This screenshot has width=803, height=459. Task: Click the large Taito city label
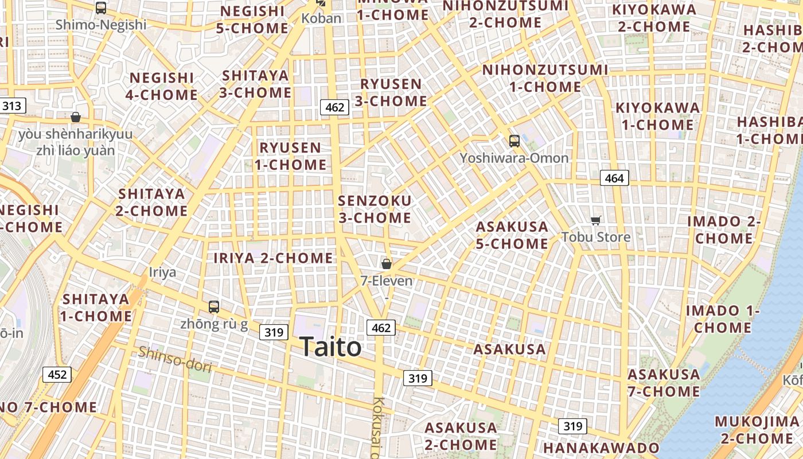330,347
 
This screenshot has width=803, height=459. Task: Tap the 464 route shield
614,178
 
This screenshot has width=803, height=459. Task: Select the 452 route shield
57,375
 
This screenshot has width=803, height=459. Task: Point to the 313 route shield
11,106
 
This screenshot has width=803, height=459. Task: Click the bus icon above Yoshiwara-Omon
514,141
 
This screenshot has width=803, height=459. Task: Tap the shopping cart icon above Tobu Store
596,220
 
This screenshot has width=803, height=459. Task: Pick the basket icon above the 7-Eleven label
387,264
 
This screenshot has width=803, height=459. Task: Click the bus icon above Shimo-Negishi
101,8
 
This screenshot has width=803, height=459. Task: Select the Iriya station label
162,272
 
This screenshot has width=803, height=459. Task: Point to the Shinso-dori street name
174,359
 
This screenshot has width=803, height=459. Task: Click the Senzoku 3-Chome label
375,209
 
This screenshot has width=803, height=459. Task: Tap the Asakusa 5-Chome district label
512,235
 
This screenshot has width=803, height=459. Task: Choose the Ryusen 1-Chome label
290,156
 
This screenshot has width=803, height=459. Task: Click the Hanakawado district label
601,448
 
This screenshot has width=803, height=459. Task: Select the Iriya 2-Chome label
273,258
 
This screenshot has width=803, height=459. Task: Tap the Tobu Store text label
596,237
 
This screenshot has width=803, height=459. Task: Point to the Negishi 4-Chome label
162,86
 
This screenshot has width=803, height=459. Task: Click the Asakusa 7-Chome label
664,383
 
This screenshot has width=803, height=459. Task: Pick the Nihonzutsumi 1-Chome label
545,78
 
